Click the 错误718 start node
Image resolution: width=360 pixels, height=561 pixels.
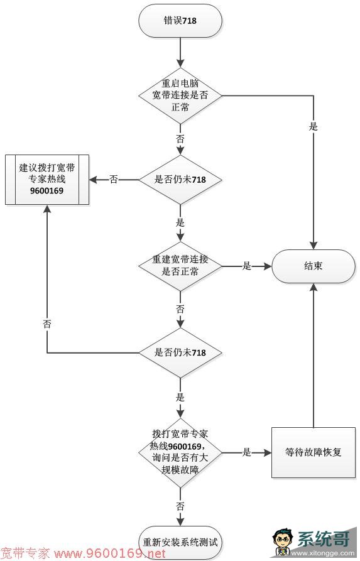click(180, 21)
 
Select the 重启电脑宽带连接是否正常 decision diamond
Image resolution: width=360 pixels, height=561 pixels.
click(180, 95)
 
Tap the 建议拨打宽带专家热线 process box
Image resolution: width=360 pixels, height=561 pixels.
click(47, 180)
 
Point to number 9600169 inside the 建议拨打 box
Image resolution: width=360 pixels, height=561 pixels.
click(46, 191)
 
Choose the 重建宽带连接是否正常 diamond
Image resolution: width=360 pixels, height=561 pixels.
click(180, 266)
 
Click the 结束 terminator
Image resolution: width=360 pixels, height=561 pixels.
click(314, 266)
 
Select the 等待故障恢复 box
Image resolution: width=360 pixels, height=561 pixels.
click(314, 452)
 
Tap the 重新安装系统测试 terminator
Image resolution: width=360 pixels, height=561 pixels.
click(180, 542)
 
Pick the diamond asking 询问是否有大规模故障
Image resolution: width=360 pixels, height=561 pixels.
click(180, 452)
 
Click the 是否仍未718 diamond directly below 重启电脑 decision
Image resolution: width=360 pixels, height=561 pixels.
click(180, 179)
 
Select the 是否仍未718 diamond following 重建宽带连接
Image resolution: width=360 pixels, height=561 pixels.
click(180, 353)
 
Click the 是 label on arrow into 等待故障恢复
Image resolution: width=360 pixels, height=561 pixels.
click(246, 452)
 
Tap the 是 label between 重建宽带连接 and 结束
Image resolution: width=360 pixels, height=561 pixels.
click(246, 266)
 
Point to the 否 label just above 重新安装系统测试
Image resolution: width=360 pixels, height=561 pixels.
click(180, 506)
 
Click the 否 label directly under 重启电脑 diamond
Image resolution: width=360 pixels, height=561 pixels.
click(180, 139)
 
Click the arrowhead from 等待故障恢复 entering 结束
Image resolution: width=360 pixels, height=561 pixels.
click(314, 287)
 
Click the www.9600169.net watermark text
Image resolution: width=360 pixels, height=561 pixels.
click(110, 554)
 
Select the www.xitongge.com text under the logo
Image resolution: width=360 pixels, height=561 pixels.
click(323, 553)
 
